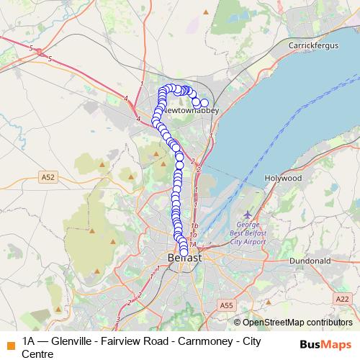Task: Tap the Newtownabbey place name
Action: point(190,112)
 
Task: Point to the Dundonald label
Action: point(310,260)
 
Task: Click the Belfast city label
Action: point(184,256)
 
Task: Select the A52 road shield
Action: point(49,176)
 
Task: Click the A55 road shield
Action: point(227,305)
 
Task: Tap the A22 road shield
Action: point(342,298)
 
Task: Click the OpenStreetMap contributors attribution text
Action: point(295,322)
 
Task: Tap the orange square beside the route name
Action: point(9,344)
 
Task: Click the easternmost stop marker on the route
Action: point(204,103)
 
